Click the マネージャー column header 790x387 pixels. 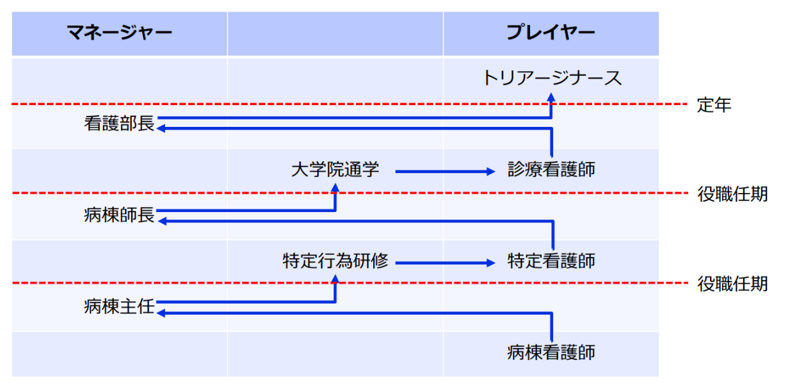click(x=120, y=33)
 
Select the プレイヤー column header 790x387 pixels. click(x=551, y=33)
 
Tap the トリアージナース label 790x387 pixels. click(x=551, y=78)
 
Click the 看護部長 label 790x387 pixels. click(x=119, y=124)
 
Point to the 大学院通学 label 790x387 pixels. click(x=335, y=170)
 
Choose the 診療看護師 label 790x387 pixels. click(x=551, y=170)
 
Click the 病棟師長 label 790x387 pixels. click(x=119, y=215)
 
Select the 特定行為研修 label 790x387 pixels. click(x=335, y=261)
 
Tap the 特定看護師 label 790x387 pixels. click(x=551, y=261)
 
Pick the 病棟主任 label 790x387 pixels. click(x=119, y=306)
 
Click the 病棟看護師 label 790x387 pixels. click(x=551, y=352)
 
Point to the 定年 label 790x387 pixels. click(x=714, y=105)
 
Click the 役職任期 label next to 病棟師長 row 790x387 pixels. click(x=732, y=194)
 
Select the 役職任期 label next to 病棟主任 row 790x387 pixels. click(x=732, y=283)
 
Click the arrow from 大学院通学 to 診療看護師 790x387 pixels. click(x=446, y=171)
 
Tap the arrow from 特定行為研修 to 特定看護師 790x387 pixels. click(x=446, y=262)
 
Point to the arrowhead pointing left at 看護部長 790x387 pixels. click(x=161, y=129)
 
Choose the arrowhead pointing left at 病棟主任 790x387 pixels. click(x=161, y=313)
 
